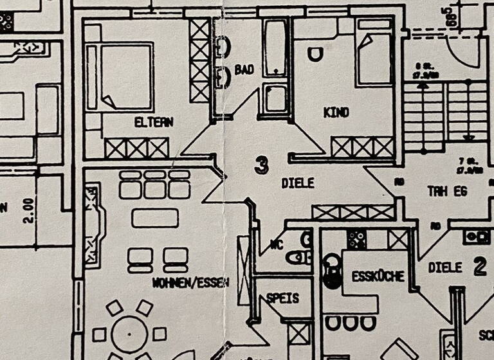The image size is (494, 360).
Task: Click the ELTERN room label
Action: (x=154, y=122)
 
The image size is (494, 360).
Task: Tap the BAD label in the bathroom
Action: (x=244, y=69)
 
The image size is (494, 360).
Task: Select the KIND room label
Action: (x=336, y=113)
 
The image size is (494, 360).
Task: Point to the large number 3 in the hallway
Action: (x=261, y=165)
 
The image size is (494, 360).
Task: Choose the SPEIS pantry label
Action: (x=282, y=298)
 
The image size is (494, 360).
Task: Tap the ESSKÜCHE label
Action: (x=378, y=277)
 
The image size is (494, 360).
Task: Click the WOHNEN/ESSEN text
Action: (x=190, y=282)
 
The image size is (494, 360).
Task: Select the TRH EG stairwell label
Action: (x=447, y=192)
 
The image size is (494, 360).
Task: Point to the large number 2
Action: (x=480, y=267)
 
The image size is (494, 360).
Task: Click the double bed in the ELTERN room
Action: (x=121, y=76)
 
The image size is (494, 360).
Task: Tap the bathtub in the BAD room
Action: (x=276, y=49)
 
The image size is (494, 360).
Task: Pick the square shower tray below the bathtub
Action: (x=276, y=98)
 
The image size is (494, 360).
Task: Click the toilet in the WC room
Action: (x=299, y=258)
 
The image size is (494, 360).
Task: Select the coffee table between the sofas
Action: (x=155, y=218)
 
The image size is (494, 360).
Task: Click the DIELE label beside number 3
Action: (x=298, y=183)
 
